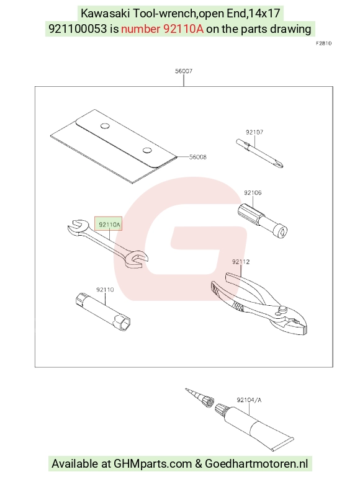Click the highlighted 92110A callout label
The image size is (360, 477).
[109, 225]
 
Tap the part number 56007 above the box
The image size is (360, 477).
[184, 71]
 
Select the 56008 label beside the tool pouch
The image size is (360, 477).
[198, 157]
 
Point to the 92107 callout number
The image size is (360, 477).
[254, 132]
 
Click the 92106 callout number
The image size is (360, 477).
[253, 192]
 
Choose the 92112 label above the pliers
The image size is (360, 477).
[241, 262]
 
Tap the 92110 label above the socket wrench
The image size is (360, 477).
[105, 290]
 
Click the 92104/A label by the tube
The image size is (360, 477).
[249, 400]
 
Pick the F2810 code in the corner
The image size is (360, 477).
[323, 43]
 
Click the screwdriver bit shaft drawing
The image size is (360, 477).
[259, 153]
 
